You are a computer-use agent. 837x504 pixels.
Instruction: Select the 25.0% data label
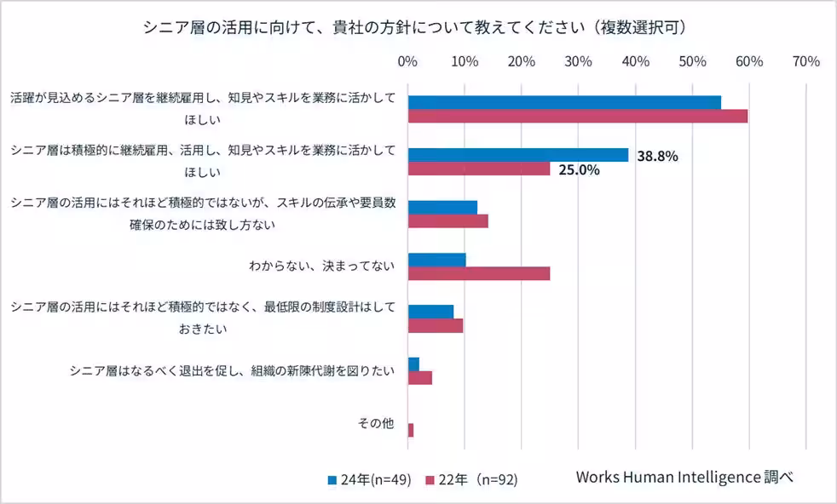click(579, 169)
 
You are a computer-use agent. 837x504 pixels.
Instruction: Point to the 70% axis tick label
click(805, 61)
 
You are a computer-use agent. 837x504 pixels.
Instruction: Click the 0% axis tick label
click(407, 61)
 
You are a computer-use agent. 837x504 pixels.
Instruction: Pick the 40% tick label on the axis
click(635, 61)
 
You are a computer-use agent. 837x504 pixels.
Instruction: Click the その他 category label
click(375, 423)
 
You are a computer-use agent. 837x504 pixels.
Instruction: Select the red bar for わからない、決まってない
click(478, 273)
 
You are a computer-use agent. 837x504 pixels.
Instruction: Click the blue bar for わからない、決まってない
click(436, 260)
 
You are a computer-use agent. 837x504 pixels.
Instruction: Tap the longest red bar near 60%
click(577, 116)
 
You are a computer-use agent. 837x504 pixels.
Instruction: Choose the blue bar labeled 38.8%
click(517, 155)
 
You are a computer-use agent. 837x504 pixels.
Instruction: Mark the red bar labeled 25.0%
click(478, 169)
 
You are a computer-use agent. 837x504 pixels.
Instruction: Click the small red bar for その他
click(411, 430)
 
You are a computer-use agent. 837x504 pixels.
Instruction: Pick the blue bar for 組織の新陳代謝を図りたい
click(413, 364)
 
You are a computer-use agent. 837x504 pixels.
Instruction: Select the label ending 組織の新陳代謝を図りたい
click(233, 370)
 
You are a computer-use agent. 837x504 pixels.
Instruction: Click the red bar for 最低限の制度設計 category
click(435, 325)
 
